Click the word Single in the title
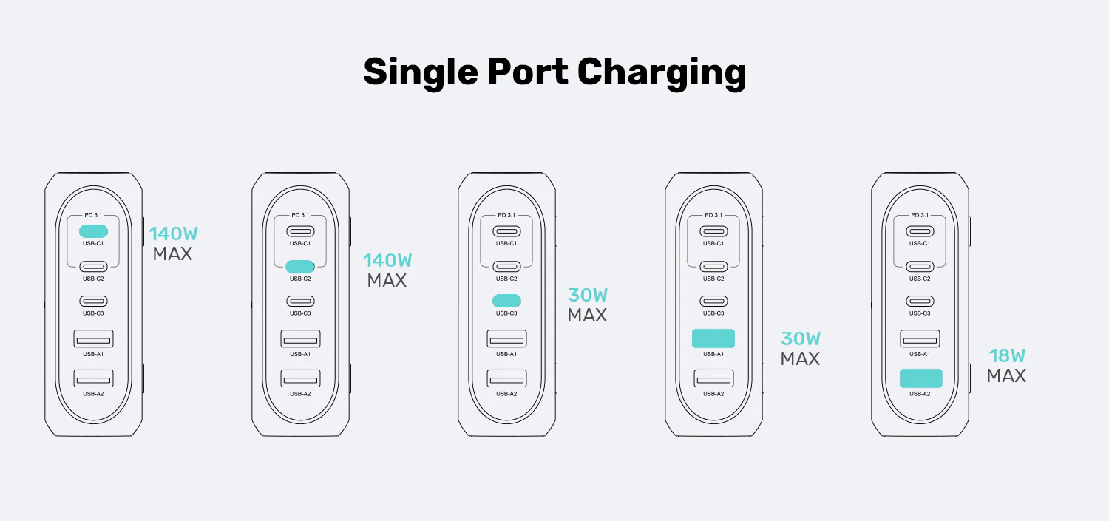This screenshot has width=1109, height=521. tap(421, 72)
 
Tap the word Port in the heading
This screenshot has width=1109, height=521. tap(528, 72)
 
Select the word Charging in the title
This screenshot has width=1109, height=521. tap(662, 73)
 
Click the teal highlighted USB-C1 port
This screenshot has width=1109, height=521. tap(94, 231)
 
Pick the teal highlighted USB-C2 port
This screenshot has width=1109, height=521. tap(300, 267)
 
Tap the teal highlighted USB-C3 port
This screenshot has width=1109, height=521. tap(506, 301)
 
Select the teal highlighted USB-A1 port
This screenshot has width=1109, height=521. tap(713, 338)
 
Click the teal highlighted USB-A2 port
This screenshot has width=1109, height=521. tap(921, 378)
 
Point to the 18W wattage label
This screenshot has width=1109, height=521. tap(1007, 355)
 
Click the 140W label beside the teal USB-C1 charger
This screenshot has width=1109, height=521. tap(173, 234)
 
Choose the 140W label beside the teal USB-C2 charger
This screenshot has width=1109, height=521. tap(387, 260)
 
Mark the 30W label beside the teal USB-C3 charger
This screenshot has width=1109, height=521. tap(588, 296)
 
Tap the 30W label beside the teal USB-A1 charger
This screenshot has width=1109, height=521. tap(801, 339)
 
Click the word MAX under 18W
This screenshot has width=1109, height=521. tap(1006, 376)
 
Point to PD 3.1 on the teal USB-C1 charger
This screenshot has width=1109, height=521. tap(93, 215)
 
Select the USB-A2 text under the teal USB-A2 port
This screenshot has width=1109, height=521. tap(920, 394)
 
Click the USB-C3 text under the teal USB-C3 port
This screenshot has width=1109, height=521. tap(506, 313)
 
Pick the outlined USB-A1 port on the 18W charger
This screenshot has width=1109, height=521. tap(920, 339)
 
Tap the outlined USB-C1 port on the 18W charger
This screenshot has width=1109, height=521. tap(920, 231)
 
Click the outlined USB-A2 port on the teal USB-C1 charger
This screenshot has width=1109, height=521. tap(94, 378)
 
